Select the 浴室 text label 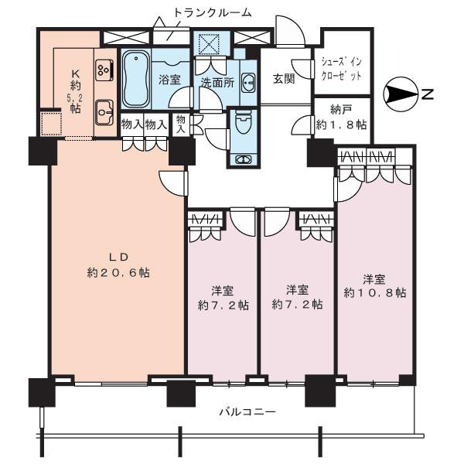pos(170,79)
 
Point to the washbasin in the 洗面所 pos(248,81)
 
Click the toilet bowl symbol pos(243,124)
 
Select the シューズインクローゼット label pos(341,70)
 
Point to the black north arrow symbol pos(401,94)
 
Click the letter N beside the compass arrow pos(426,94)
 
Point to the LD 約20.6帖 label pos(117,264)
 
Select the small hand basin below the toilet pos(243,159)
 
